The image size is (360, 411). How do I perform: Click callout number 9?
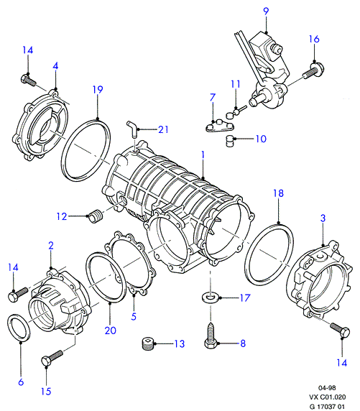click(x=266, y=11)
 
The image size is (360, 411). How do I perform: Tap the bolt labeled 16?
click(x=313, y=70)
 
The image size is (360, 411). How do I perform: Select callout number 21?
click(x=163, y=129)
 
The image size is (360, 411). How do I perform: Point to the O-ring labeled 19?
click(x=86, y=150)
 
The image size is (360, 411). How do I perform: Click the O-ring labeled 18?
click(x=269, y=254)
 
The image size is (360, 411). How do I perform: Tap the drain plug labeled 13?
click(x=147, y=343)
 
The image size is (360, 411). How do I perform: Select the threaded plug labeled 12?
click(x=96, y=216)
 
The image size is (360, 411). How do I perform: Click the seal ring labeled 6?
click(x=19, y=328)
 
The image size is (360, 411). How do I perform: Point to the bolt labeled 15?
click(x=52, y=358)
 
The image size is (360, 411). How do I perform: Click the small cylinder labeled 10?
click(x=229, y=141)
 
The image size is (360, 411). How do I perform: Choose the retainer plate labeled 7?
click(x=219, y=126)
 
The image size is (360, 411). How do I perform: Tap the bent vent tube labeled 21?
click(x=134, y=129)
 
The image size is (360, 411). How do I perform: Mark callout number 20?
click(x=111, y=331)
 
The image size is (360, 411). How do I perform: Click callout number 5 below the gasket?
click(x=134, y=316)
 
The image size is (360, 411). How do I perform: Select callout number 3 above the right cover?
click(x=323, y=218)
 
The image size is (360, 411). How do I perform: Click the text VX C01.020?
click(x=327, y=397)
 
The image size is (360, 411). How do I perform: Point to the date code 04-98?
click(x=327, y=388)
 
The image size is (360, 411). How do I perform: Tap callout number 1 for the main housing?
click(x=203, y=155)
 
